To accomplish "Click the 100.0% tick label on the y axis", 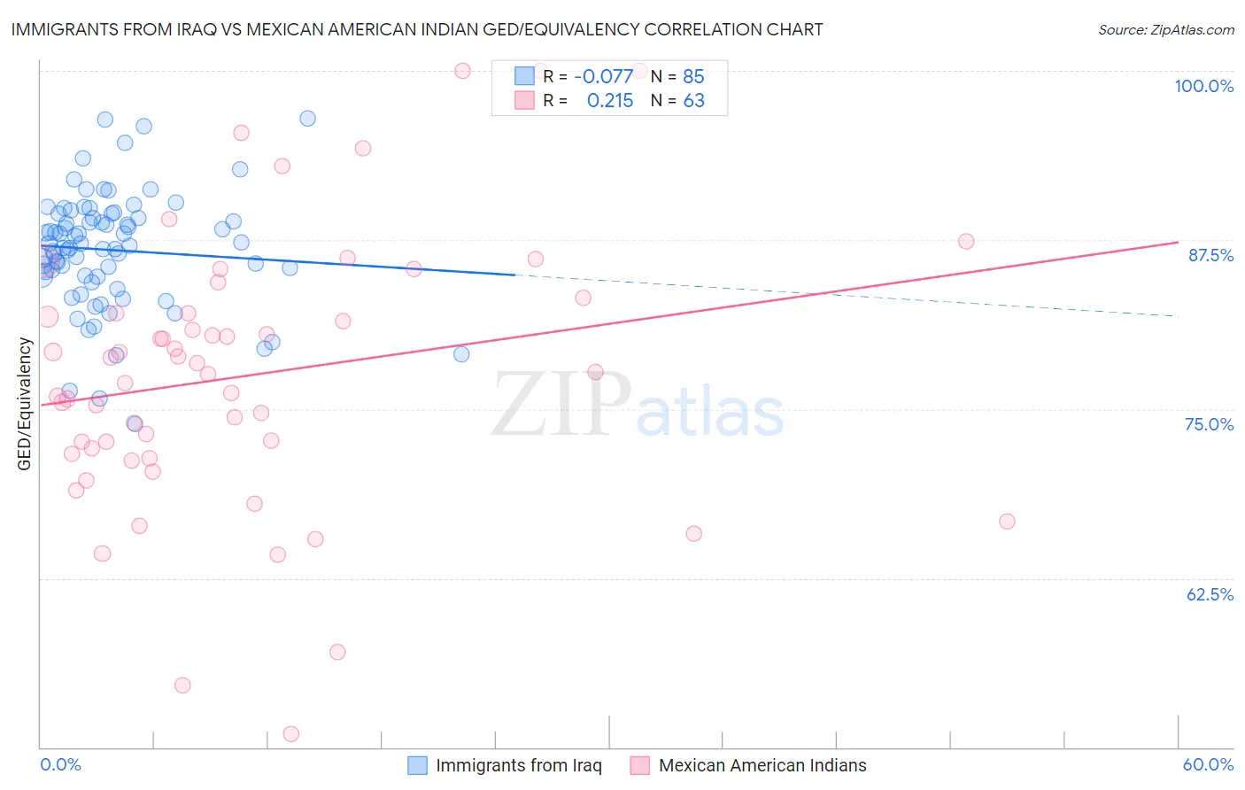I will pyautogui.click(x=1203, y=86).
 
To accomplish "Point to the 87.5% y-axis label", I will pyautogui.click(x=1210, y=255).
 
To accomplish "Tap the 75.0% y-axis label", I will pyautogui.click(x=1209, y=424).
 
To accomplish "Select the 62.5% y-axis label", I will pyautogui.click(x=1210, y=594).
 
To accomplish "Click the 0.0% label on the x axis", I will pyautogui.click(x=60, y=764).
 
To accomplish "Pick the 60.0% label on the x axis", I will pyautogui.click(x=1208, y=764).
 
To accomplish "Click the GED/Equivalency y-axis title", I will pyautogui.click(x=25, y=404).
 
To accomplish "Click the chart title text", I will pyautogui.click(x=417, y=30).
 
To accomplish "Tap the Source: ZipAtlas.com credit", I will pyautogui.click(x=1165, y=30).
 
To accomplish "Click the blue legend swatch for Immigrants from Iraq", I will pyautogui.click(x=417, y=765).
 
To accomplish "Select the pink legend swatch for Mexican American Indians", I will pyautogui.click(x=639, y=765).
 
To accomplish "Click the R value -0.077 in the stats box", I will pyautogui.click(x=603, y=77).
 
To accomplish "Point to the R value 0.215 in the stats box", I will pyautogui.click(x=610, y=101).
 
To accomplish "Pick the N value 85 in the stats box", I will pyautogui.click(x=693, y=77).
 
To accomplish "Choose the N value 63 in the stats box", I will pyautogui.click(x=693, y=101).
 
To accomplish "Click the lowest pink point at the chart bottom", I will pyautogui.click(x=290, y=733).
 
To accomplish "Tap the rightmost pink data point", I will pyautogui.click(x=1007, y=522).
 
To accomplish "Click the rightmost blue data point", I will pyautogui.click(x=461, y=354).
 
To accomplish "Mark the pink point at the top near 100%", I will pyautogui.click(x=462, y=71).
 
